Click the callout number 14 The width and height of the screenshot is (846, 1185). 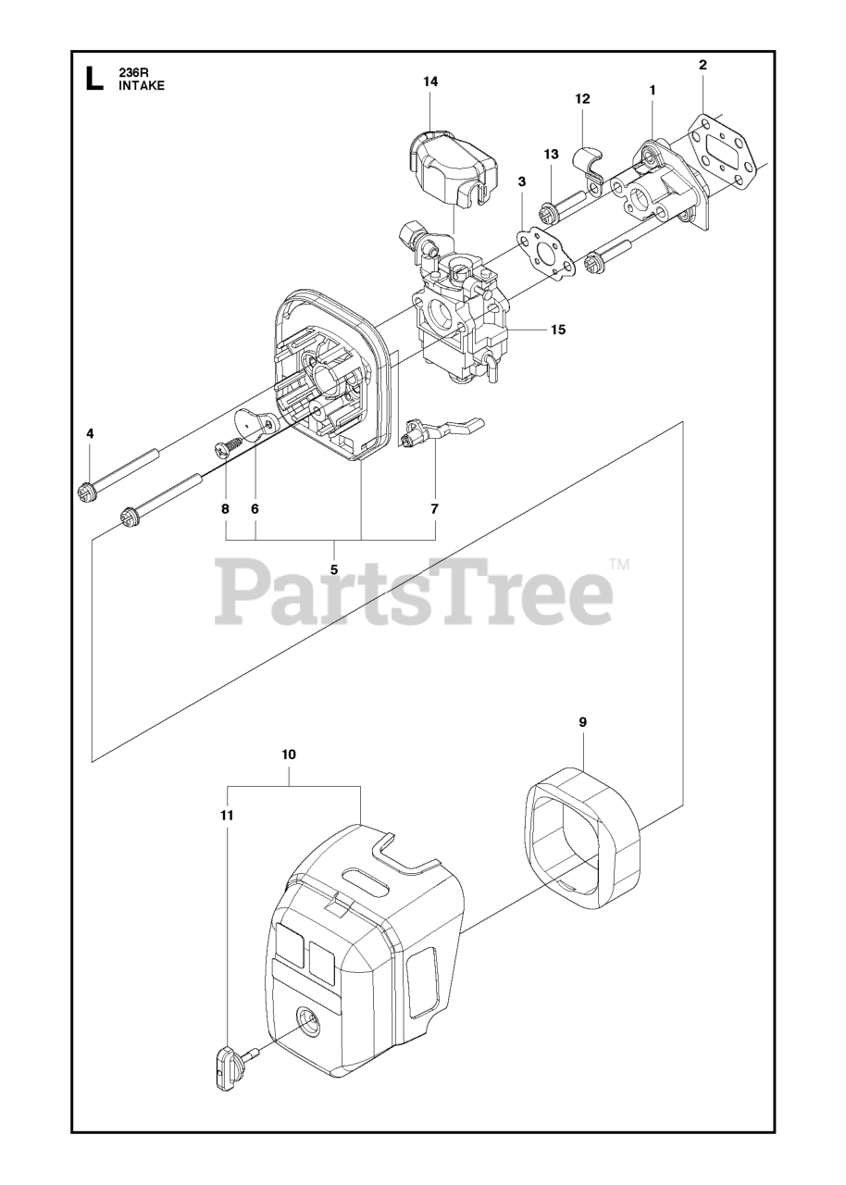430,81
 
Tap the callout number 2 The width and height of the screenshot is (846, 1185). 703,65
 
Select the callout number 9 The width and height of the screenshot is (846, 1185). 582,722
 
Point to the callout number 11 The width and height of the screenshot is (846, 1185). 227,815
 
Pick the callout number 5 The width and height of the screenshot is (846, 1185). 333,568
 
